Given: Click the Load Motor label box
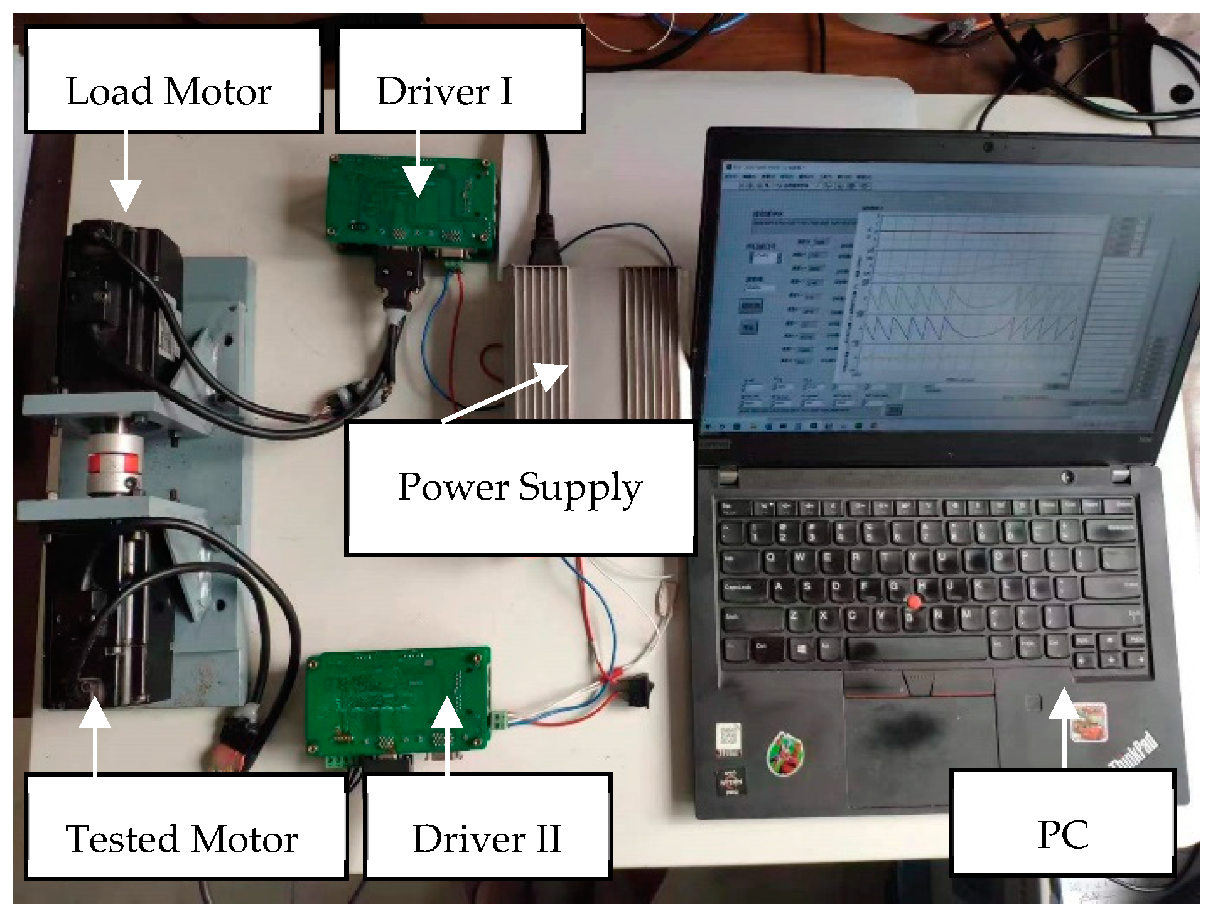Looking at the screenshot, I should click(173, 80).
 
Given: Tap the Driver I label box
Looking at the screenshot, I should click(460, 80).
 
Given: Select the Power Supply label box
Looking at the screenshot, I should click(520, 488).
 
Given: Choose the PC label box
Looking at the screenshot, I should click(1062, 822).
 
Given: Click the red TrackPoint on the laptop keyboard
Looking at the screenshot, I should click(915, 603).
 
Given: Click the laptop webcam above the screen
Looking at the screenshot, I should click(988, 147).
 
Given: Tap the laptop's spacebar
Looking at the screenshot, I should click(917, 648).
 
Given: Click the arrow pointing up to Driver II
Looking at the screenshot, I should click(446, 734).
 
